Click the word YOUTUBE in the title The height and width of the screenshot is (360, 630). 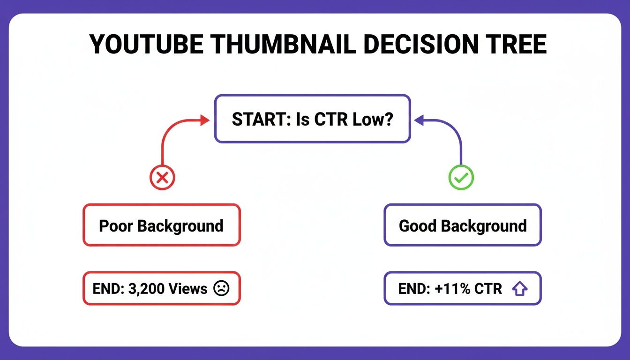[x=146, y=45]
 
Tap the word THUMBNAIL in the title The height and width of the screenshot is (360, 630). [x=277, y=45]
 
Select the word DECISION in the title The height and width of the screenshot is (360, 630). [x=415, y=45]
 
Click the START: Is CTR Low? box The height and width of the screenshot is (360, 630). [x=312, y=119]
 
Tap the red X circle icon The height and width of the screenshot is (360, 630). [x=162, y=178]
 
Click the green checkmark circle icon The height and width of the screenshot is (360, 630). [x=461, y=178]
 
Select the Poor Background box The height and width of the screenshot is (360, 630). [x=161, y=225]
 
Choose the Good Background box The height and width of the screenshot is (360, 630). [x=462, y=225]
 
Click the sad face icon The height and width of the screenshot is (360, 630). [x=221, y=289]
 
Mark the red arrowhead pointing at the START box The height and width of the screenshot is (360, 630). [x=204, y=120]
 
